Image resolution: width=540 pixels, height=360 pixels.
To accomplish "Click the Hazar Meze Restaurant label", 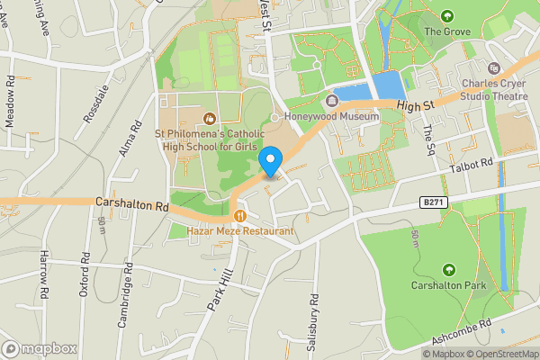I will tap(240, 232).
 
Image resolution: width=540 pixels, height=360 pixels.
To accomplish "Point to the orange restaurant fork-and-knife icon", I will tap(239, 216).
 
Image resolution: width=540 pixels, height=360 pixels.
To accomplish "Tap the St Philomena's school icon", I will tap(210, 118).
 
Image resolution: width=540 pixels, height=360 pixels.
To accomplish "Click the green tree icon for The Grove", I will tap(447, 15).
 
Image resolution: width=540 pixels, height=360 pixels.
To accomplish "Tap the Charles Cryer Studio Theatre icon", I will tap(493, 67).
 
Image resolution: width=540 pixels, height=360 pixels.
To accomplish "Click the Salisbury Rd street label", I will tap(315, 310).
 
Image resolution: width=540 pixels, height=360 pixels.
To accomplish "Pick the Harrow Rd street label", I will tap(43, 275).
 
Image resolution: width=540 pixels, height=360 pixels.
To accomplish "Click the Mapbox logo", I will tap(39, 347).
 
